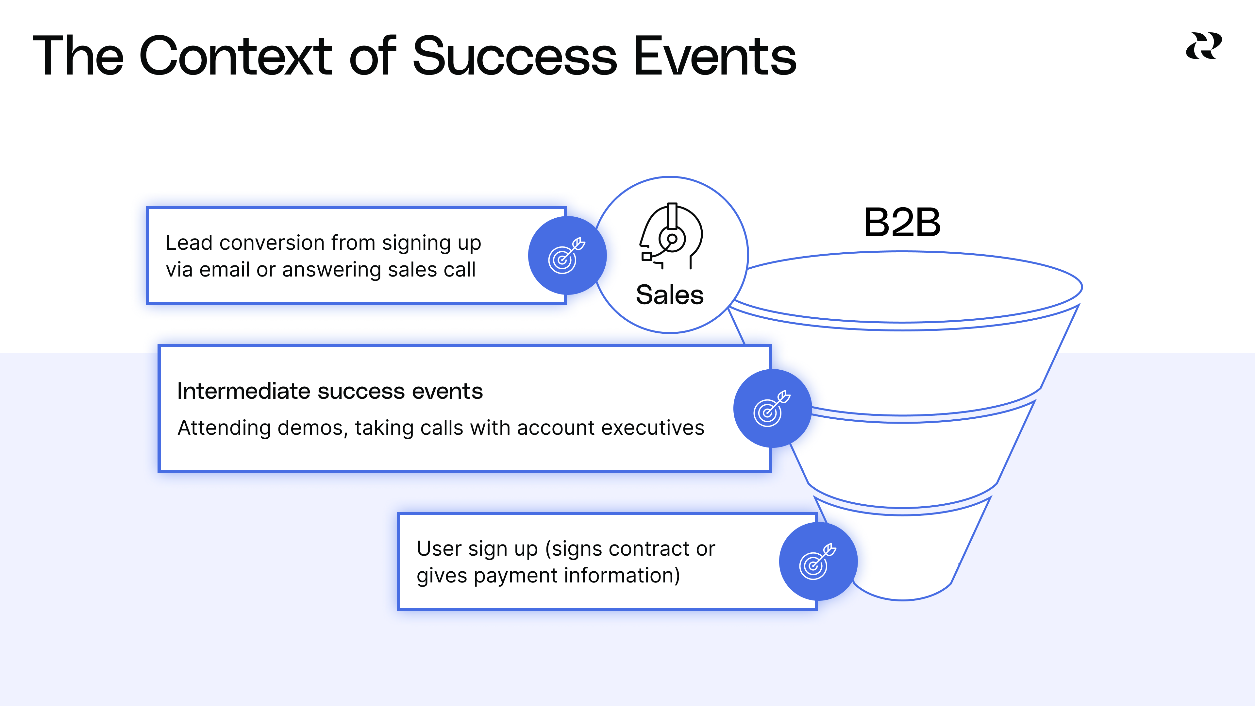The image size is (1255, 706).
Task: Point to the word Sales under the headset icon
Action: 670,295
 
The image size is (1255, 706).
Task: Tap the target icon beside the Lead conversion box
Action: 567,255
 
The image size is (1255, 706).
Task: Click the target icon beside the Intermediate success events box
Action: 772,408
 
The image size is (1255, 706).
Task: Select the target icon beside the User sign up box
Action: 818,561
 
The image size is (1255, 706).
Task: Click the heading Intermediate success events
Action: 330,391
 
